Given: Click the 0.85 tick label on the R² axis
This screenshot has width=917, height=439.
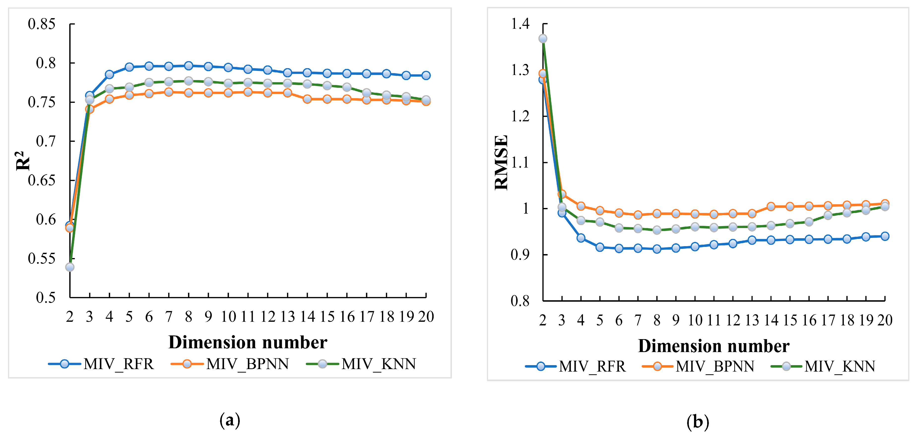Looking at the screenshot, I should (42, 24).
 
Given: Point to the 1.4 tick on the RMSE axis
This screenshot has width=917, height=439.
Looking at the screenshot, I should (520, 24).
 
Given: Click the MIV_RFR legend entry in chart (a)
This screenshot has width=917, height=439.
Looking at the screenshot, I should (101, 364).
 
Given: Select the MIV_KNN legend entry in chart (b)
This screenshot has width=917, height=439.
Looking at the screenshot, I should (823, 366).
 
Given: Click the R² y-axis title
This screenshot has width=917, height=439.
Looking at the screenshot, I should (23, 161).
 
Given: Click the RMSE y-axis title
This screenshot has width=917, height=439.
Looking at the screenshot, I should (501, 163).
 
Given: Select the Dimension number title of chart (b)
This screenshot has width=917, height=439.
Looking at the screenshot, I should (713, 346).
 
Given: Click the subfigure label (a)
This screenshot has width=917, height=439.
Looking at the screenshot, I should (230, 420).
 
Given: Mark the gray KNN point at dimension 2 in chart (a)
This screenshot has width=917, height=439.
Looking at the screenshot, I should (70, 267).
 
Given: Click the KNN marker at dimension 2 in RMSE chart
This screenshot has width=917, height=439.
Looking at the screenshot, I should (542, 38).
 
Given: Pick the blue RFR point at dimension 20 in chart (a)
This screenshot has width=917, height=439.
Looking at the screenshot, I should (426, 75).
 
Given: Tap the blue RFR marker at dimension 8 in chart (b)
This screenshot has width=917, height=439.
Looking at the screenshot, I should (657, 249).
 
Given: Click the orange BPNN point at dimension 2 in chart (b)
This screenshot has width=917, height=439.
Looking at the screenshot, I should (542, 74).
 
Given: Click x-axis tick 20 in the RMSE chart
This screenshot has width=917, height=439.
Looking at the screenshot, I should (885, 320).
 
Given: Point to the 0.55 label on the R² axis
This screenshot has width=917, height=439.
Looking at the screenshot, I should (42, 259).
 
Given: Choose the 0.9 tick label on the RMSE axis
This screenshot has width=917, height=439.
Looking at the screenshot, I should (520, 255).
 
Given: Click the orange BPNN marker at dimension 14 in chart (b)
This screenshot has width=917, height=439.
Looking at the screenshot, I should (771, 206).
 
